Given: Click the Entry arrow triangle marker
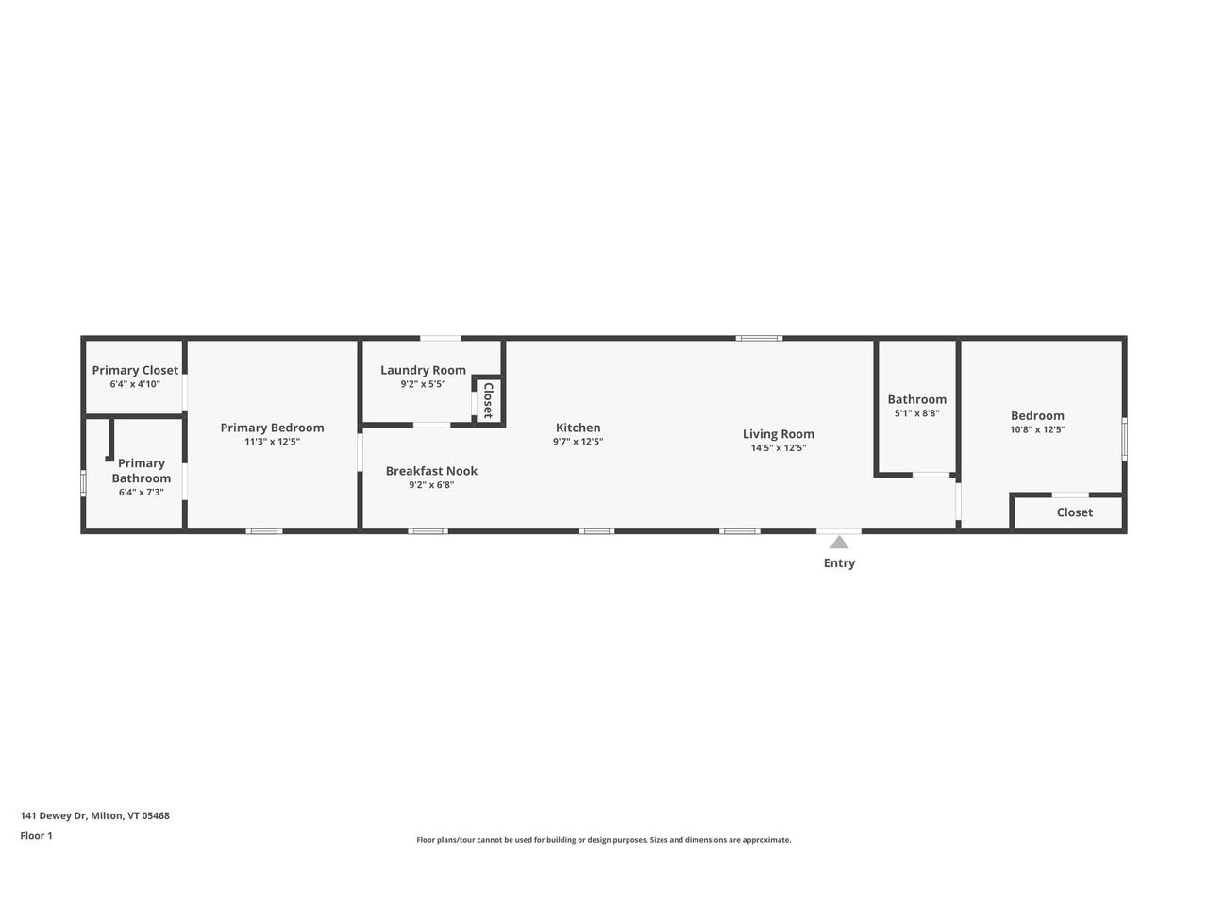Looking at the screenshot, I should point(839,542).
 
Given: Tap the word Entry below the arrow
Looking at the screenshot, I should point(839,563).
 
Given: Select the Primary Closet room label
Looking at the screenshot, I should point(135,370).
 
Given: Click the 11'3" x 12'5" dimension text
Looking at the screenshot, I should point(272,442).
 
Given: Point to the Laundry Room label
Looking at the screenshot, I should point(423,370).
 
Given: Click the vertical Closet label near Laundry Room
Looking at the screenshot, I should point(488,400).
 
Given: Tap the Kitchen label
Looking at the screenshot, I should point(578,428).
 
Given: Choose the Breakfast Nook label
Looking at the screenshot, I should point(431,471).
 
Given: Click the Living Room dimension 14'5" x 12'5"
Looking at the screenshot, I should point(778,448).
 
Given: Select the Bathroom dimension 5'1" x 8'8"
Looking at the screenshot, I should point(916,413).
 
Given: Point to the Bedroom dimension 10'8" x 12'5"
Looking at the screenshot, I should point(1037,429).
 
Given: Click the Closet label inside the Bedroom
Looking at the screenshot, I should point(1074,512).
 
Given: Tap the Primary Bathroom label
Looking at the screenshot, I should point(142,470).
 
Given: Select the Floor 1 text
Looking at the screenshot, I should point(36,835).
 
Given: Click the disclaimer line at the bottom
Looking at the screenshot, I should point(604,840).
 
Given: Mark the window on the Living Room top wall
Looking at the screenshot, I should point(759,338).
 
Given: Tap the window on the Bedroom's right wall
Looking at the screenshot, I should point(1124,439).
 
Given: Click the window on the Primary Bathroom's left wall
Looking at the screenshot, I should point(83,482).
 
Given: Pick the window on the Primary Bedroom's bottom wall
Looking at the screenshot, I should point(264,531).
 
